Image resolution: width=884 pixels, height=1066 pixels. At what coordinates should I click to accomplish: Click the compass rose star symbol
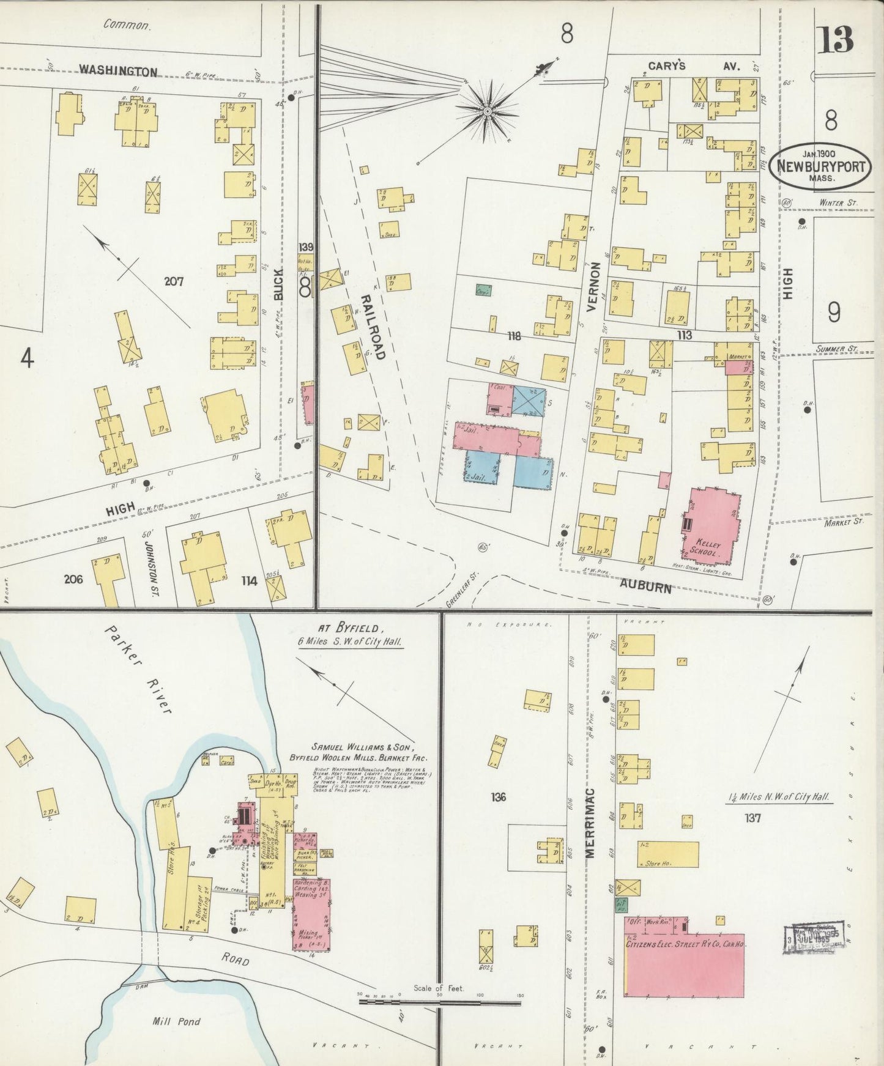pyautogui.click(x=487, y=111)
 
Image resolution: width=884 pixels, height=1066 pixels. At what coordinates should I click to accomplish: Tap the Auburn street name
pyautogui.click(x=645, y=587)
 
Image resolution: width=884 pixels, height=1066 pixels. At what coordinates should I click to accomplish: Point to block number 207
pyautogui.click(x=174, y=282)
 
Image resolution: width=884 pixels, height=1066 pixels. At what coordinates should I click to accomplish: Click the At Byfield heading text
pyautogui.click(x=351, y=628)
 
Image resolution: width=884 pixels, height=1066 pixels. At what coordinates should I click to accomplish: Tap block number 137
pyautogui.click(x=752, y=818)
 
